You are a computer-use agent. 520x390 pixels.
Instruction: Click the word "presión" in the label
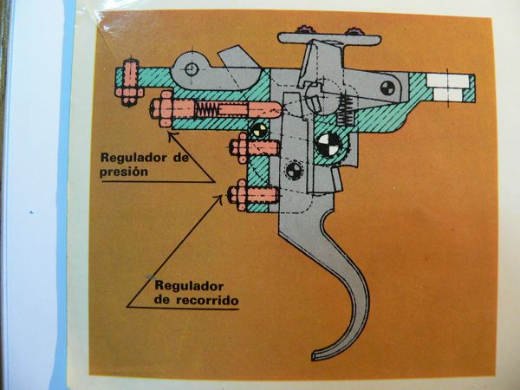(x=124, y=172)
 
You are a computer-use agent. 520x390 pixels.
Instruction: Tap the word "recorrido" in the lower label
(x=207, y=300)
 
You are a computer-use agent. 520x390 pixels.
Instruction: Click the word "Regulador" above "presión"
(x=133, y=158)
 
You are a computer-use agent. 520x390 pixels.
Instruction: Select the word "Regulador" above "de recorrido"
(x=189, y=286)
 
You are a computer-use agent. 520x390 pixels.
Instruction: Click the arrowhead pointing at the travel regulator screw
(x=219, y=198)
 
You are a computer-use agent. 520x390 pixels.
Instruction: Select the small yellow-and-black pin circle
(x=258, y=131)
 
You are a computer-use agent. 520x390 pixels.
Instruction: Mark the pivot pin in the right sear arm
(x=387, y=88)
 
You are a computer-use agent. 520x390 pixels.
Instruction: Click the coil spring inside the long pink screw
(x=206, y=108)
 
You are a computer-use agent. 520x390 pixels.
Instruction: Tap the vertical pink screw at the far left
(x=130, y=82)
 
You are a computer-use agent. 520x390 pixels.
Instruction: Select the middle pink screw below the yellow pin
(x=254, y=148)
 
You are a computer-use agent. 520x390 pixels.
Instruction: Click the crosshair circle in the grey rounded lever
(x=192, y=69)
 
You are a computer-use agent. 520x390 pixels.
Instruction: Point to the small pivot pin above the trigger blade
(x=294, y=171)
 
